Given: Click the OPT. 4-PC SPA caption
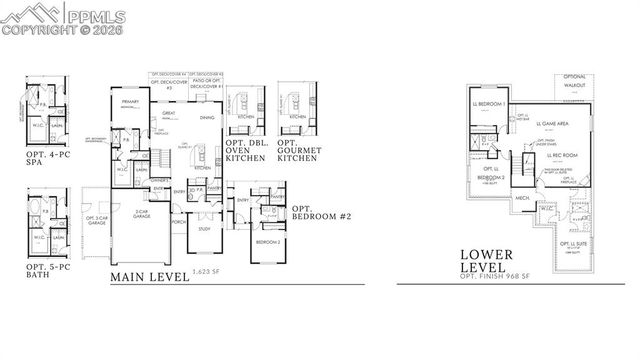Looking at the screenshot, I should tap(49, 160).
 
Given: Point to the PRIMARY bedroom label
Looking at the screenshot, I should tap(129, 102).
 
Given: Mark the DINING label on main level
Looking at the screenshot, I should tap(206, 118).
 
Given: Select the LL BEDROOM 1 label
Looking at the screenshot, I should tap(491, 104).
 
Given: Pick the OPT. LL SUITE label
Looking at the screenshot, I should tap(573, 244).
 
